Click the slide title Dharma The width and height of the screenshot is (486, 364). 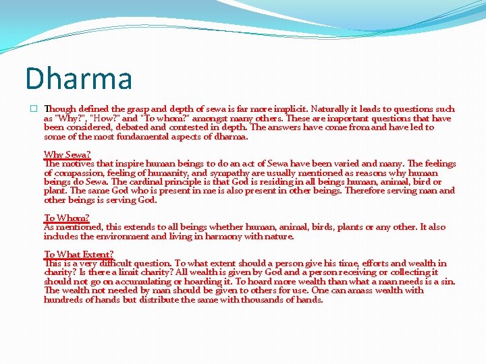tap(78, 78)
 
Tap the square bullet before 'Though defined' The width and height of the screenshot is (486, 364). tap(32, 109)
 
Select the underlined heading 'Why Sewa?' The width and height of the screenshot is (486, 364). tap(67, 154)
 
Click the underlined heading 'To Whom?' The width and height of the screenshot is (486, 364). tap(66, 218)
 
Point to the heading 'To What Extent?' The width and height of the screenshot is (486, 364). tap(78, 254)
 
